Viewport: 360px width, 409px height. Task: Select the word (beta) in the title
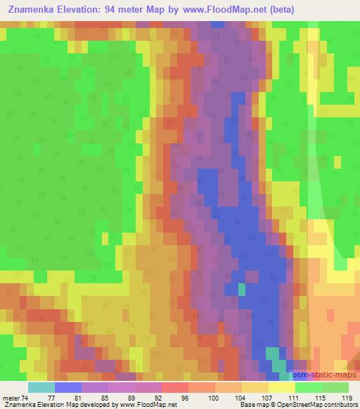point(279,9)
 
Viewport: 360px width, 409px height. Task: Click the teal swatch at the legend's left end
point(41,387)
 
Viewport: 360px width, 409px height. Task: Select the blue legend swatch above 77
point(68,387)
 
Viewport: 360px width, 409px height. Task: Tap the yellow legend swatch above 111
point(281,387)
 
